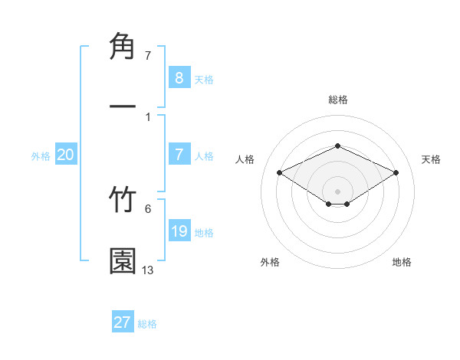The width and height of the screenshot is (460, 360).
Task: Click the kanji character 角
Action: pos(123,47)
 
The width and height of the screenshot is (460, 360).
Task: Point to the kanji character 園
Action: pos(123,260)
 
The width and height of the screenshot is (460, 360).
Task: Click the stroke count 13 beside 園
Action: pos(148,270)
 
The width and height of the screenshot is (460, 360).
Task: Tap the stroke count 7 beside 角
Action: pos(148,56)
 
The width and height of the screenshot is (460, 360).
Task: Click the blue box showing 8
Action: pos(179,77)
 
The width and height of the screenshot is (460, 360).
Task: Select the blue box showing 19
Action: pos(179,231)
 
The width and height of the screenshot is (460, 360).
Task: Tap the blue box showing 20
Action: pos(66,155)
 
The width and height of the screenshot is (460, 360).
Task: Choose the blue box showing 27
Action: pos(123,322)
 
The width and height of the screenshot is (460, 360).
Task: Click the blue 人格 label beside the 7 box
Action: pos(204,155)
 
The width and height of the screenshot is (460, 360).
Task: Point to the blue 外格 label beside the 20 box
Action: pos(41,155)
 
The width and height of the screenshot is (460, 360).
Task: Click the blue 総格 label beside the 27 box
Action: pos(147,324)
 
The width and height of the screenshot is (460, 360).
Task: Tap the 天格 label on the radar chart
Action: pos(431,159)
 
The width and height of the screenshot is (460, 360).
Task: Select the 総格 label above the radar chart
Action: pos(337,100)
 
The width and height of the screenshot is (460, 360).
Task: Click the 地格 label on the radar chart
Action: pos(402,262)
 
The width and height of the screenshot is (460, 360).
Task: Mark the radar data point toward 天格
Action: pos(396,172)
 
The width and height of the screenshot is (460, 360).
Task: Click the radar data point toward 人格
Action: pos(280,172)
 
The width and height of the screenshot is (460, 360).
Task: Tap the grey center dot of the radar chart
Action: pos(337,191)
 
